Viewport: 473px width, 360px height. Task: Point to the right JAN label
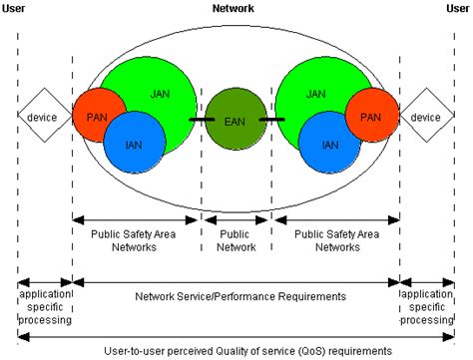(315, 93)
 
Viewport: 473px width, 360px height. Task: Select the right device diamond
(426, 117)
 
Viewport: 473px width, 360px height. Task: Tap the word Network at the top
(234, 8)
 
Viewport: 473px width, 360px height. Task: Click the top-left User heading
(17, 8)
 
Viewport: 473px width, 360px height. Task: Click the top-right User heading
(457, 8)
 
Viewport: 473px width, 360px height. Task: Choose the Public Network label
(236, 240)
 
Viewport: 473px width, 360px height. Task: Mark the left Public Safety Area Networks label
(135, 240)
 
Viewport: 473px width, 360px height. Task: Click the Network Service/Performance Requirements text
(236, 296)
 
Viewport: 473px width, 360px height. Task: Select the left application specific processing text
(45, 308)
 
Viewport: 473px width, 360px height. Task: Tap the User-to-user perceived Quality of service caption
(236, 350)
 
